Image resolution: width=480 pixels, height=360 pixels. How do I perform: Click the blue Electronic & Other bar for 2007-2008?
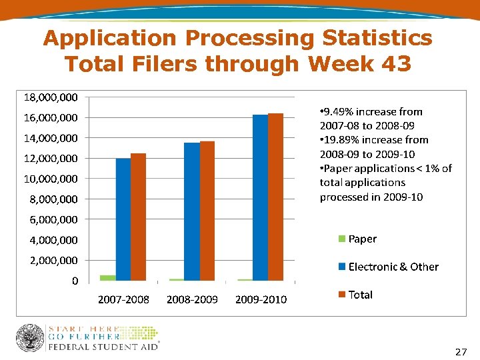(x=123, y=219)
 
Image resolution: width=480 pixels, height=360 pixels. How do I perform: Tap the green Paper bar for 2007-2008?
(x=107, y=277)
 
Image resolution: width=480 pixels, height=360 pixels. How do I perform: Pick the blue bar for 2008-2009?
(x=191, y=211)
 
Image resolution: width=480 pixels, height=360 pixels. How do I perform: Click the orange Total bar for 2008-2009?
(x=207, y=211)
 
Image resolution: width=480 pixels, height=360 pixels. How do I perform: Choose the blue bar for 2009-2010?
(x=260, y=197)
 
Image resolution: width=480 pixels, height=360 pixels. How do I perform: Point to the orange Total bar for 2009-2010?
(x=275, y=197)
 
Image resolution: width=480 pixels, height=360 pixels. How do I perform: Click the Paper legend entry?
(x=361, y=239)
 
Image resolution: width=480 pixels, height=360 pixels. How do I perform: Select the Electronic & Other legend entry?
(x=393, y=267)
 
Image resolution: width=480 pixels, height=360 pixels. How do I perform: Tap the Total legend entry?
(x=360, y=295)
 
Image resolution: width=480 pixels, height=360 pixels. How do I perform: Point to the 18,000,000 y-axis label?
(x=51, y=97)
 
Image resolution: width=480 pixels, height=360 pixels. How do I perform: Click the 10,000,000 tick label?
(x=51, y=179)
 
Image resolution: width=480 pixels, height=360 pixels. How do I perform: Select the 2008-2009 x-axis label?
(x=192, y=299)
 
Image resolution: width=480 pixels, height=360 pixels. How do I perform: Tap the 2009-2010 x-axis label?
(x=261, y=299)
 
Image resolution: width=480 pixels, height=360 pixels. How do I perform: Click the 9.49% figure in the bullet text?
(x=341, y=111)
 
